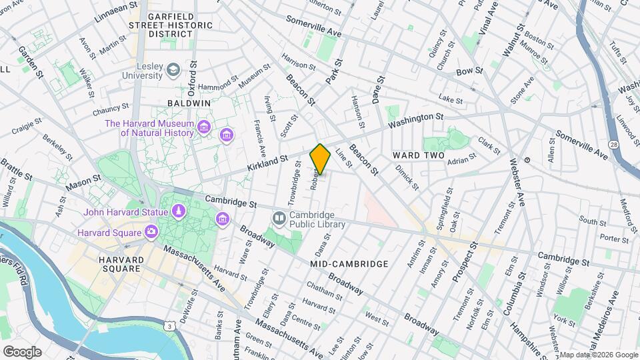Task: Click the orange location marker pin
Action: tap(321, 159)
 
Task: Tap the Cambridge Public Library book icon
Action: tap(279, 218)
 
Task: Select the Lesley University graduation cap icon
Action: tap(173, 69)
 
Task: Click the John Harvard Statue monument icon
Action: tap(178, 212)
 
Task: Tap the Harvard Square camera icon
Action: tap(152, 232)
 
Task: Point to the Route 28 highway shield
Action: tap(612, 145)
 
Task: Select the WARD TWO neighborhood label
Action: tap(418, 155)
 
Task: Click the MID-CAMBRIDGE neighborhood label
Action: tap(349, 264)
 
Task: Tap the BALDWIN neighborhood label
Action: tap(189, 103)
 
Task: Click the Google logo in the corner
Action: tap(21, 351)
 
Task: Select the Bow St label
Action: tap(469, 71)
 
